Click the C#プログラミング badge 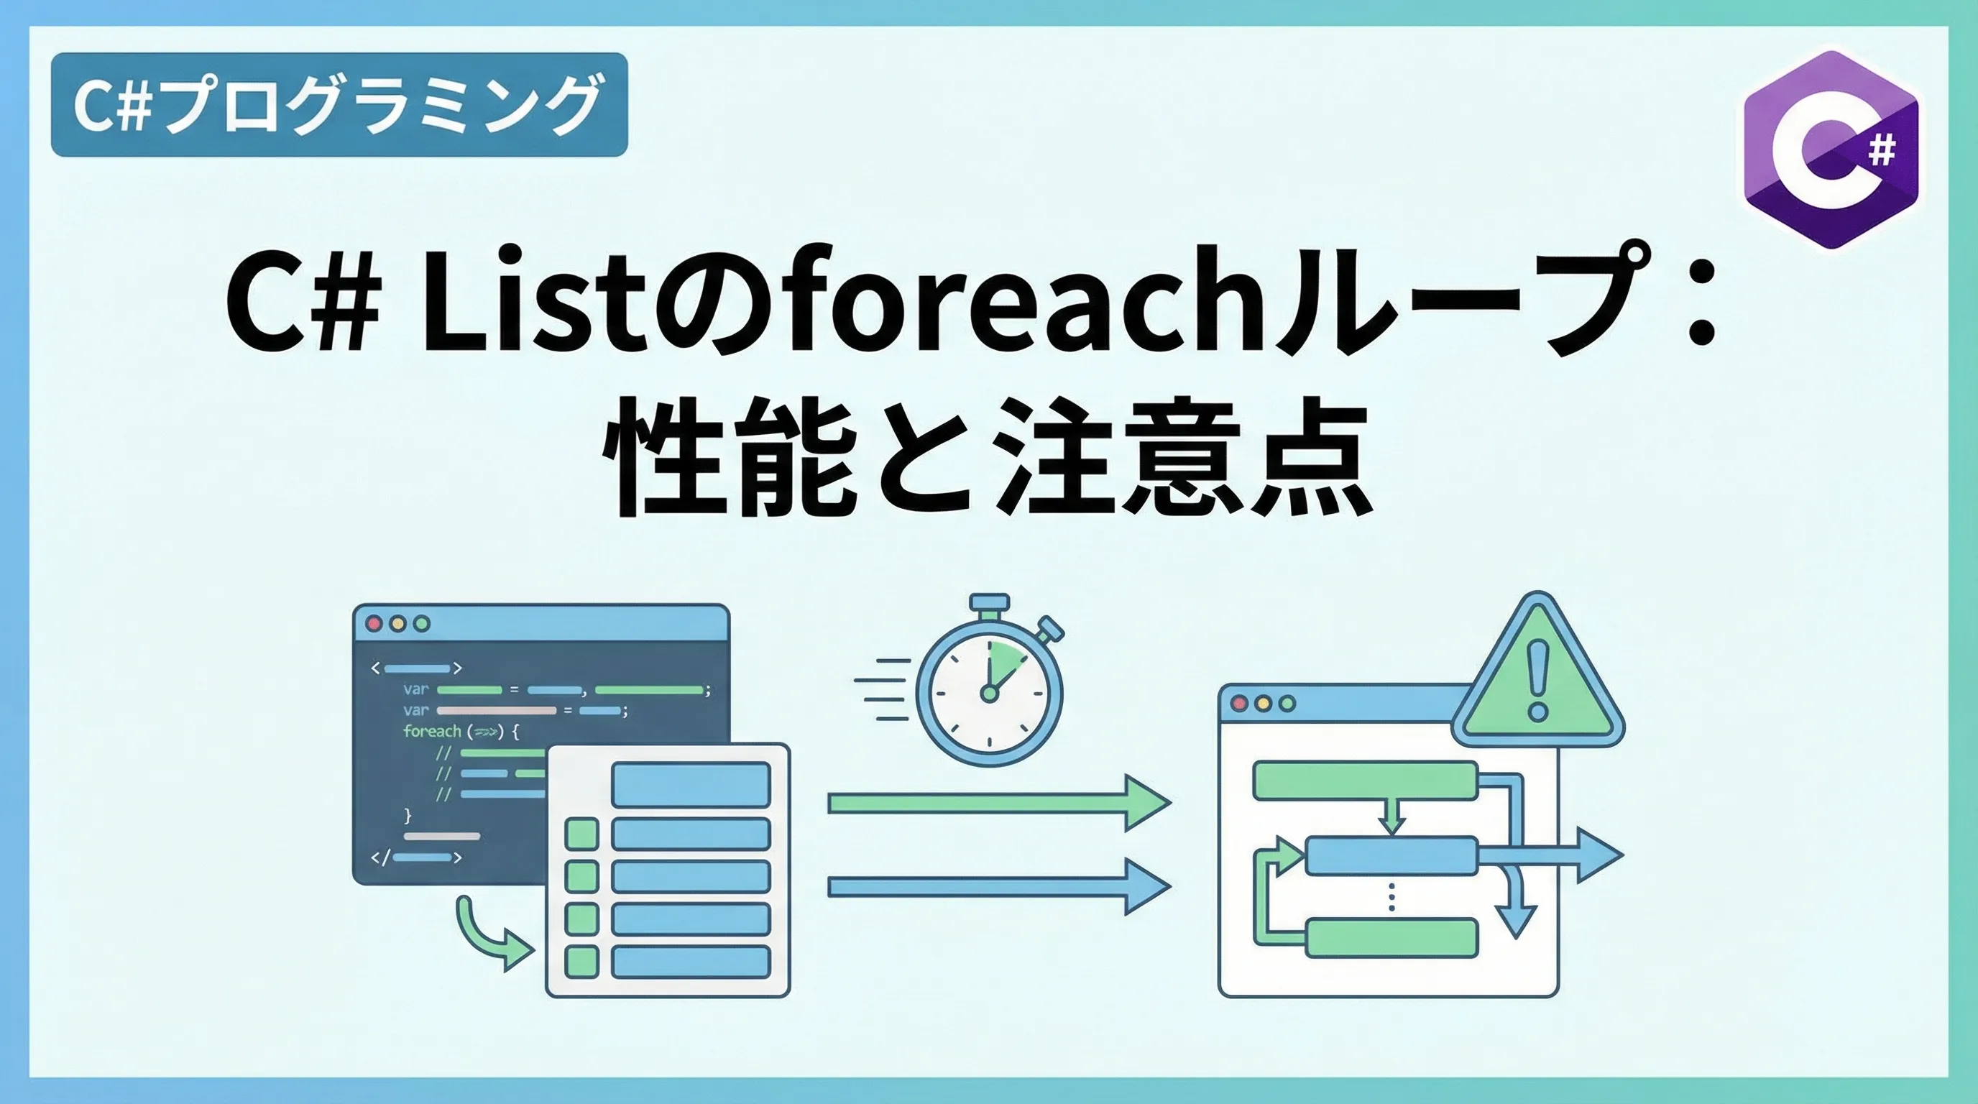click(339, 104)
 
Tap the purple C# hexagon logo click(1831, 150)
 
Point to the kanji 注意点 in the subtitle click(1182, 457)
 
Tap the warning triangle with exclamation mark click(1538, 676)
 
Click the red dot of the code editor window click(374, 623)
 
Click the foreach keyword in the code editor click(431, 732)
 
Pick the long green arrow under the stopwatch click(999, 803)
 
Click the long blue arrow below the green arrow click(999, 888)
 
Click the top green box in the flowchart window click(1365, 780)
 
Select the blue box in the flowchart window click(1391, 855)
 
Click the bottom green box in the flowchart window click(1391, 938)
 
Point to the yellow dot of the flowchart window click(1263, 703)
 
